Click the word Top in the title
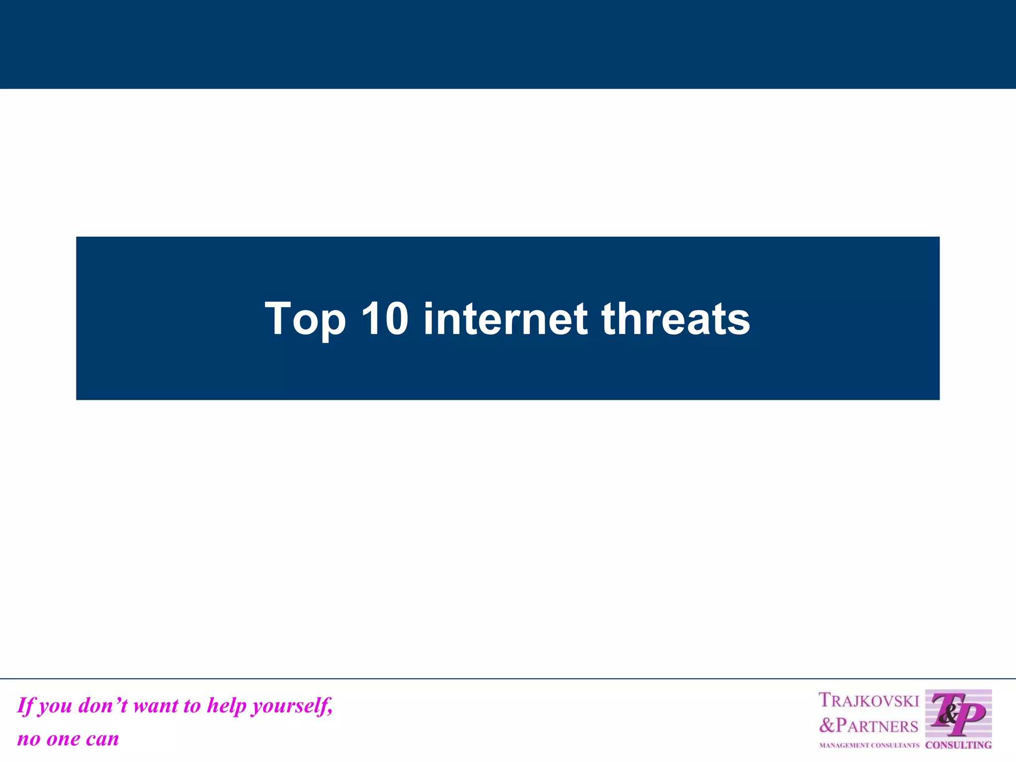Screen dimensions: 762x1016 pyautogui.click(x=305, y=319)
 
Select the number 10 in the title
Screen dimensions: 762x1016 pyautogui.click(x=384, y=318)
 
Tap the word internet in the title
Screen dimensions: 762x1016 pyautogui.click(x=505, y=318)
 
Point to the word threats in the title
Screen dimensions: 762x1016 pyautogui.click(x=676, y=318)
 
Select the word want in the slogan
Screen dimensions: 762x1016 pyautogui.click(x=156, y=705)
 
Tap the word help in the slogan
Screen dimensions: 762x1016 pyautogui.click(x=226, y=705)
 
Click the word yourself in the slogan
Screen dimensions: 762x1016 pyautogui.click(x=292, y=705)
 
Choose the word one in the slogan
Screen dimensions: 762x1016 pyautogui.click(x=63, y=739)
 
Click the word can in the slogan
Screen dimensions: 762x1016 pyautogui.click(x=102, y=739)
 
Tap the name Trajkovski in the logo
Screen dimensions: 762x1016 pyautogui.click(x=869, y=700)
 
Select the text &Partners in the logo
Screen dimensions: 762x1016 pyautogui.click(x=869, y=726)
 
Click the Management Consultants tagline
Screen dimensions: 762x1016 pyautogui.click(x=869, y=746)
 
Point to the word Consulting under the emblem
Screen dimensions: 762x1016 pyautogui.click(x=958, y=745)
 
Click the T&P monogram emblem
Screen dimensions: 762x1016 pyautogui.click(x=958, y=713)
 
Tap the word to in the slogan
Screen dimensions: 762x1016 pyautogui.click(x=191, y=705)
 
